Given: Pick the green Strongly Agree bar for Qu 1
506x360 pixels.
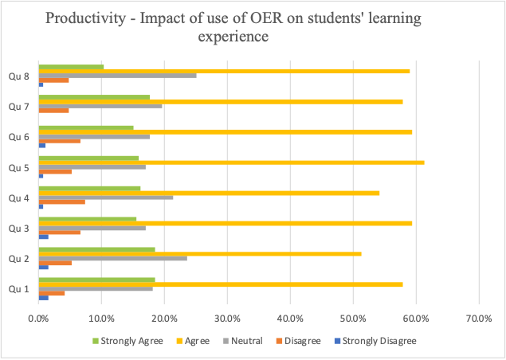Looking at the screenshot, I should pyautogui.click(x=96, y=280).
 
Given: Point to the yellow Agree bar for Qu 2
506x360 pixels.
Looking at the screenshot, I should pyautogui.click(x=199, y=254).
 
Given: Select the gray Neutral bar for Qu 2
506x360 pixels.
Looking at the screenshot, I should pyautogui.click(x=112, y=258).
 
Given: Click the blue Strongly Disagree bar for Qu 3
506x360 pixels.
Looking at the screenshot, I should pyautogui.click(x=43, y=237).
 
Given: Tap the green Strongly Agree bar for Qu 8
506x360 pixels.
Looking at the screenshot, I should pyautogui.click(x=71, y=67).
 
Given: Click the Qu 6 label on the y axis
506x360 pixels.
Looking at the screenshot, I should pyautogui.click(x=18, y=137).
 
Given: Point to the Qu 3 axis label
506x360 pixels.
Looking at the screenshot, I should pyautogui.click(x=18, y=228).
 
